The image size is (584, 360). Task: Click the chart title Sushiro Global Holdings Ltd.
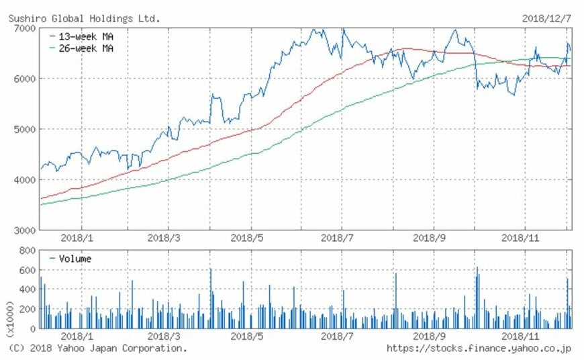click(x=84, y=18)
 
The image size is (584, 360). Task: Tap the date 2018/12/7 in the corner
click(x=547, y=18)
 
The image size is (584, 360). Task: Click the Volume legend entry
click(x=74, y=259)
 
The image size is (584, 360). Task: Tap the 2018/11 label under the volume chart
click(x=522, y=336)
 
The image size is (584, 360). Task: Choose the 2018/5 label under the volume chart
click(x=250, y=336)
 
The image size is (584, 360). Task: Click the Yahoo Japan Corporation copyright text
click(x=97, y=348)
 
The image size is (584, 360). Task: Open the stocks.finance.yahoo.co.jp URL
click(x=479, y=348)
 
